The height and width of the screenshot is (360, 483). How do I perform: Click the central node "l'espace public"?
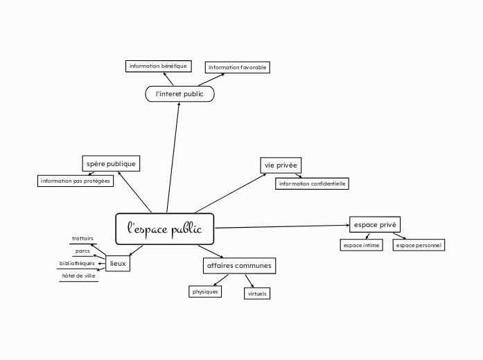click(x=164, y=229)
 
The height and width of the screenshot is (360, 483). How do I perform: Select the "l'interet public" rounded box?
click(x=179, y=93)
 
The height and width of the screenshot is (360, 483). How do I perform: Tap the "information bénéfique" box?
click(x=157, y=66)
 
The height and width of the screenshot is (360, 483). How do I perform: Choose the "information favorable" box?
click(x=237, y=67)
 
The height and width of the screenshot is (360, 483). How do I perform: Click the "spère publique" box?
click(x=110, y=163)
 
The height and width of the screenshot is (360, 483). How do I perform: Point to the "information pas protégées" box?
click(x=76, y=181)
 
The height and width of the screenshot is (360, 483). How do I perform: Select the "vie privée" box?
click(x=281, y=165)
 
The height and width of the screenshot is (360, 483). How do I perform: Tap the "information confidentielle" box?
click(x=312, y=183)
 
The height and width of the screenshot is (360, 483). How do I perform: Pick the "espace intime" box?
click(x=362, y=244)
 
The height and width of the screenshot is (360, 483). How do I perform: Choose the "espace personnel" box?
click(x=419, y=244)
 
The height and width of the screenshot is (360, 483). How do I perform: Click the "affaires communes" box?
click(x=239, y=266)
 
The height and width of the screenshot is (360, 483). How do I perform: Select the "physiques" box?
click(x=205, y=291)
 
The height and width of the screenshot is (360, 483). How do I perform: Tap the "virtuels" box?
click(x=257, y=294)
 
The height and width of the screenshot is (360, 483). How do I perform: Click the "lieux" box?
click(x=118, y=263)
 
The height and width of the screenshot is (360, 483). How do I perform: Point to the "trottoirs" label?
click(x=82, y=239)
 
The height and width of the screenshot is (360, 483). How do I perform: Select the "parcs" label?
click(x=82, y=251)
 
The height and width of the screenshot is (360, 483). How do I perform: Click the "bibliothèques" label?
click(x=77, y=263)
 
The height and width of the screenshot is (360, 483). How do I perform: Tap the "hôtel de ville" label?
click(x=79, y=276)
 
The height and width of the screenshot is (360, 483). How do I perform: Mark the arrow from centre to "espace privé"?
click(x=281, y=226)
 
